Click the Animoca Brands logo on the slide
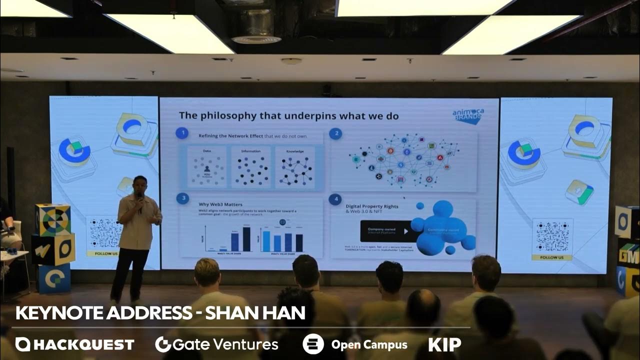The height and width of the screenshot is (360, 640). tap(467, 116)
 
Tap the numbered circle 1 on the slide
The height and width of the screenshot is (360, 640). tap(182, 133)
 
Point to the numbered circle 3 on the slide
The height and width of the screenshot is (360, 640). tap(182, 198)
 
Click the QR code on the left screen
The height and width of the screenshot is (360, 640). tap(105, 232)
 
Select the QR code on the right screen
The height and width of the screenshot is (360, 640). tap(552, 236)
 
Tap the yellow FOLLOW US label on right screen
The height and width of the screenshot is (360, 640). tap(552, 257)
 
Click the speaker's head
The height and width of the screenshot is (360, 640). tap(139, 183)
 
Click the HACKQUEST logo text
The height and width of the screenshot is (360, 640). tap(75, 344)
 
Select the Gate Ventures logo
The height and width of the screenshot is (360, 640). tap(216, 344)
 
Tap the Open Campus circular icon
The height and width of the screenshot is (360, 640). tap(313, 344)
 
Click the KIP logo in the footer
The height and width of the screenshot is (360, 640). tap(444, 344)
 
